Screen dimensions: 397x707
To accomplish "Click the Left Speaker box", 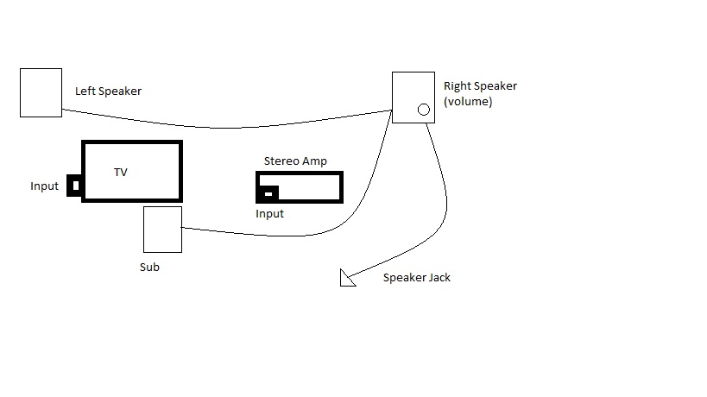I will click(x=41, y=92).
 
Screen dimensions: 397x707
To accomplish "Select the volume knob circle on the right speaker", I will click(x=423, y=110).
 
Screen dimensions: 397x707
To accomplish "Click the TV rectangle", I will click(x=132, y=171).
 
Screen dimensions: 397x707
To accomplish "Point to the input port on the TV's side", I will click(x=75, y=186).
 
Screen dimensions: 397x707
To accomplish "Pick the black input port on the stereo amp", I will click(x=268, y=194).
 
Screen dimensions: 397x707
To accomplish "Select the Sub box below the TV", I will click(x=162, y=229).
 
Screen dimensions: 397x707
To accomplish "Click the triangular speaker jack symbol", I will click(x=347, y=278).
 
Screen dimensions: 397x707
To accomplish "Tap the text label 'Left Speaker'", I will click(x=108, y=91).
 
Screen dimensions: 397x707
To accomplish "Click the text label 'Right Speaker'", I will click(x=480, y=85).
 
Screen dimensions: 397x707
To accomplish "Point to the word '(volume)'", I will click(x=468, y=101).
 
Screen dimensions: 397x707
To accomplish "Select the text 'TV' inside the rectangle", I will click(x=121, y=173).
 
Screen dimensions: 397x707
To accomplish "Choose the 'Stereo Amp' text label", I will click(x=295, y=161).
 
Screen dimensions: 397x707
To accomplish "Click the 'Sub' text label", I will click(x=149, y=267).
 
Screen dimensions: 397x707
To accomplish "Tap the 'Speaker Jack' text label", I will click(x=417, y=278).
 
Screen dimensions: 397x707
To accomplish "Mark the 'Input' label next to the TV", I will click(x=45, y=186).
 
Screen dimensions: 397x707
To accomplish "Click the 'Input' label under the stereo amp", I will click(x=269, y=213).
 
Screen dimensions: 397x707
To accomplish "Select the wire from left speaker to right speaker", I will click(x=224, y=127).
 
